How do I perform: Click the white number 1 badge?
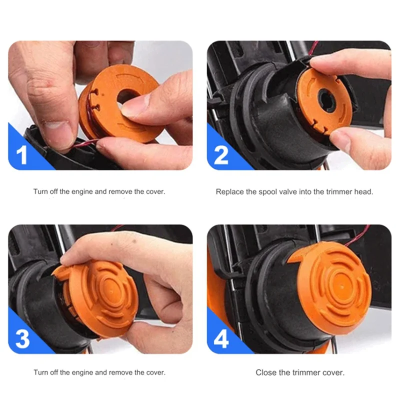coord(22,154)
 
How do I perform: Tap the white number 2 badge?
coord(221,154)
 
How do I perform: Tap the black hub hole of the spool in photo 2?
coord(327,99)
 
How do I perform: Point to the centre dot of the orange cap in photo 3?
coord(111,290)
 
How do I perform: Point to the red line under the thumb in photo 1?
coord(84,143)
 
